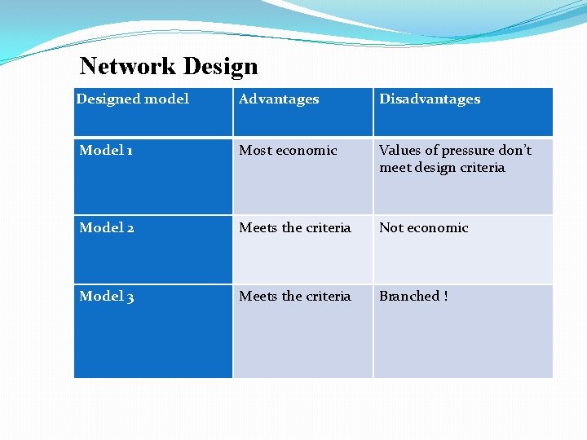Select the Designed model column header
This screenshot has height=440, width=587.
132,99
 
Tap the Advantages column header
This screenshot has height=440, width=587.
279,99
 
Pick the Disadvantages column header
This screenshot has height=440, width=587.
430,99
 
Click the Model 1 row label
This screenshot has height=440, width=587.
105,151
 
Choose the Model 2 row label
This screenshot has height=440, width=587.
106,228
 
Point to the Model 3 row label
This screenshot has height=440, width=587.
106,297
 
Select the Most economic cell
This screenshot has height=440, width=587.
288,151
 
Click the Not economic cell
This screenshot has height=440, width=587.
424,228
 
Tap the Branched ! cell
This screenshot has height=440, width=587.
413,297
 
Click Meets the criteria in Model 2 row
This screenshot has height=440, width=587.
295,228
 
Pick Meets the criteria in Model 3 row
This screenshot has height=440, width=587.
295,297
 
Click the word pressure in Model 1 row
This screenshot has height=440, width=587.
461,151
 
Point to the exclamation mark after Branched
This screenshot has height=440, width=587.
445,297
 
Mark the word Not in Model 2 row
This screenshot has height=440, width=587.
391,228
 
